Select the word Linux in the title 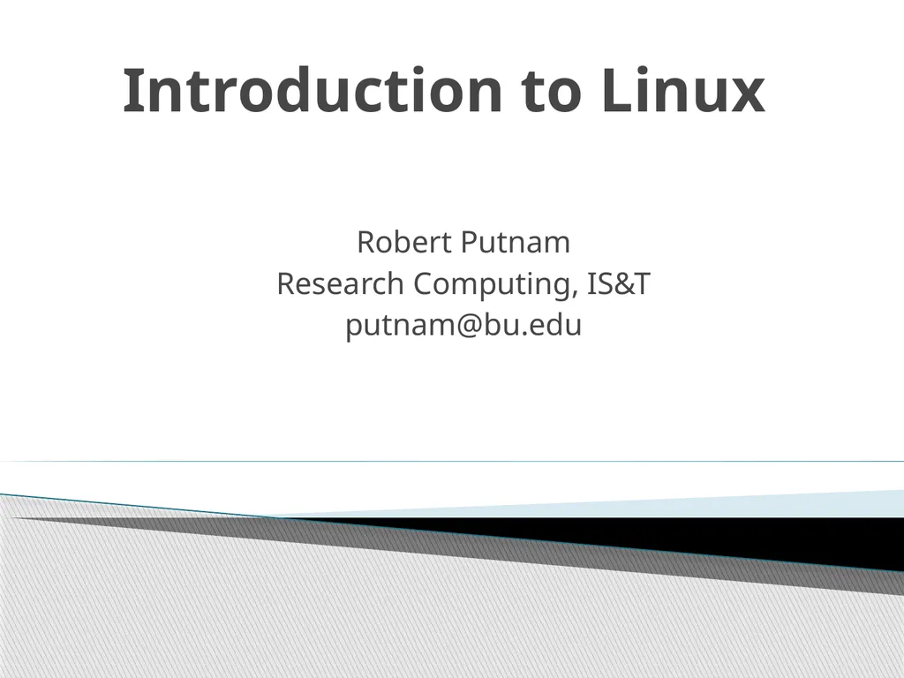pyautogui.click(x=682, y=92)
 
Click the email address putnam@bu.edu pyautogui.click(x=463, y=327)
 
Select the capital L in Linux pyautogui.click(x=615, y=92)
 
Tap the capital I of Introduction pyautogui.click(x=132, y=92)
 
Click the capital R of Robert pyautogui.click(x=365, y=241)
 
